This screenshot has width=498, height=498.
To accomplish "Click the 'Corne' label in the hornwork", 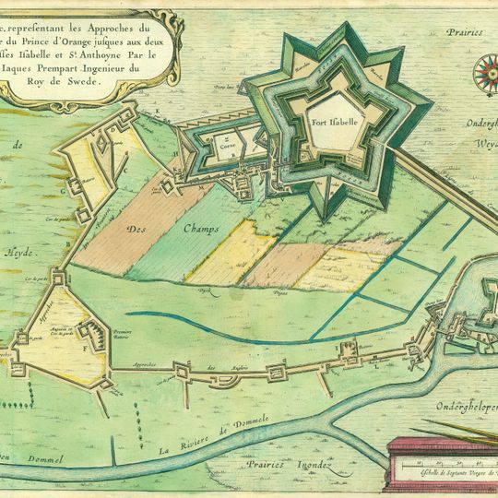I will pos(227,145).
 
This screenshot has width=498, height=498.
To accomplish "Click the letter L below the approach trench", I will pos(374,366).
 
